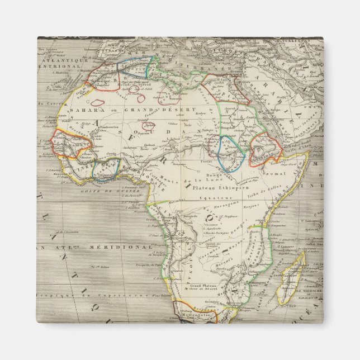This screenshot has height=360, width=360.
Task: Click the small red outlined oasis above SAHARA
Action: click(x=98, y=102)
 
